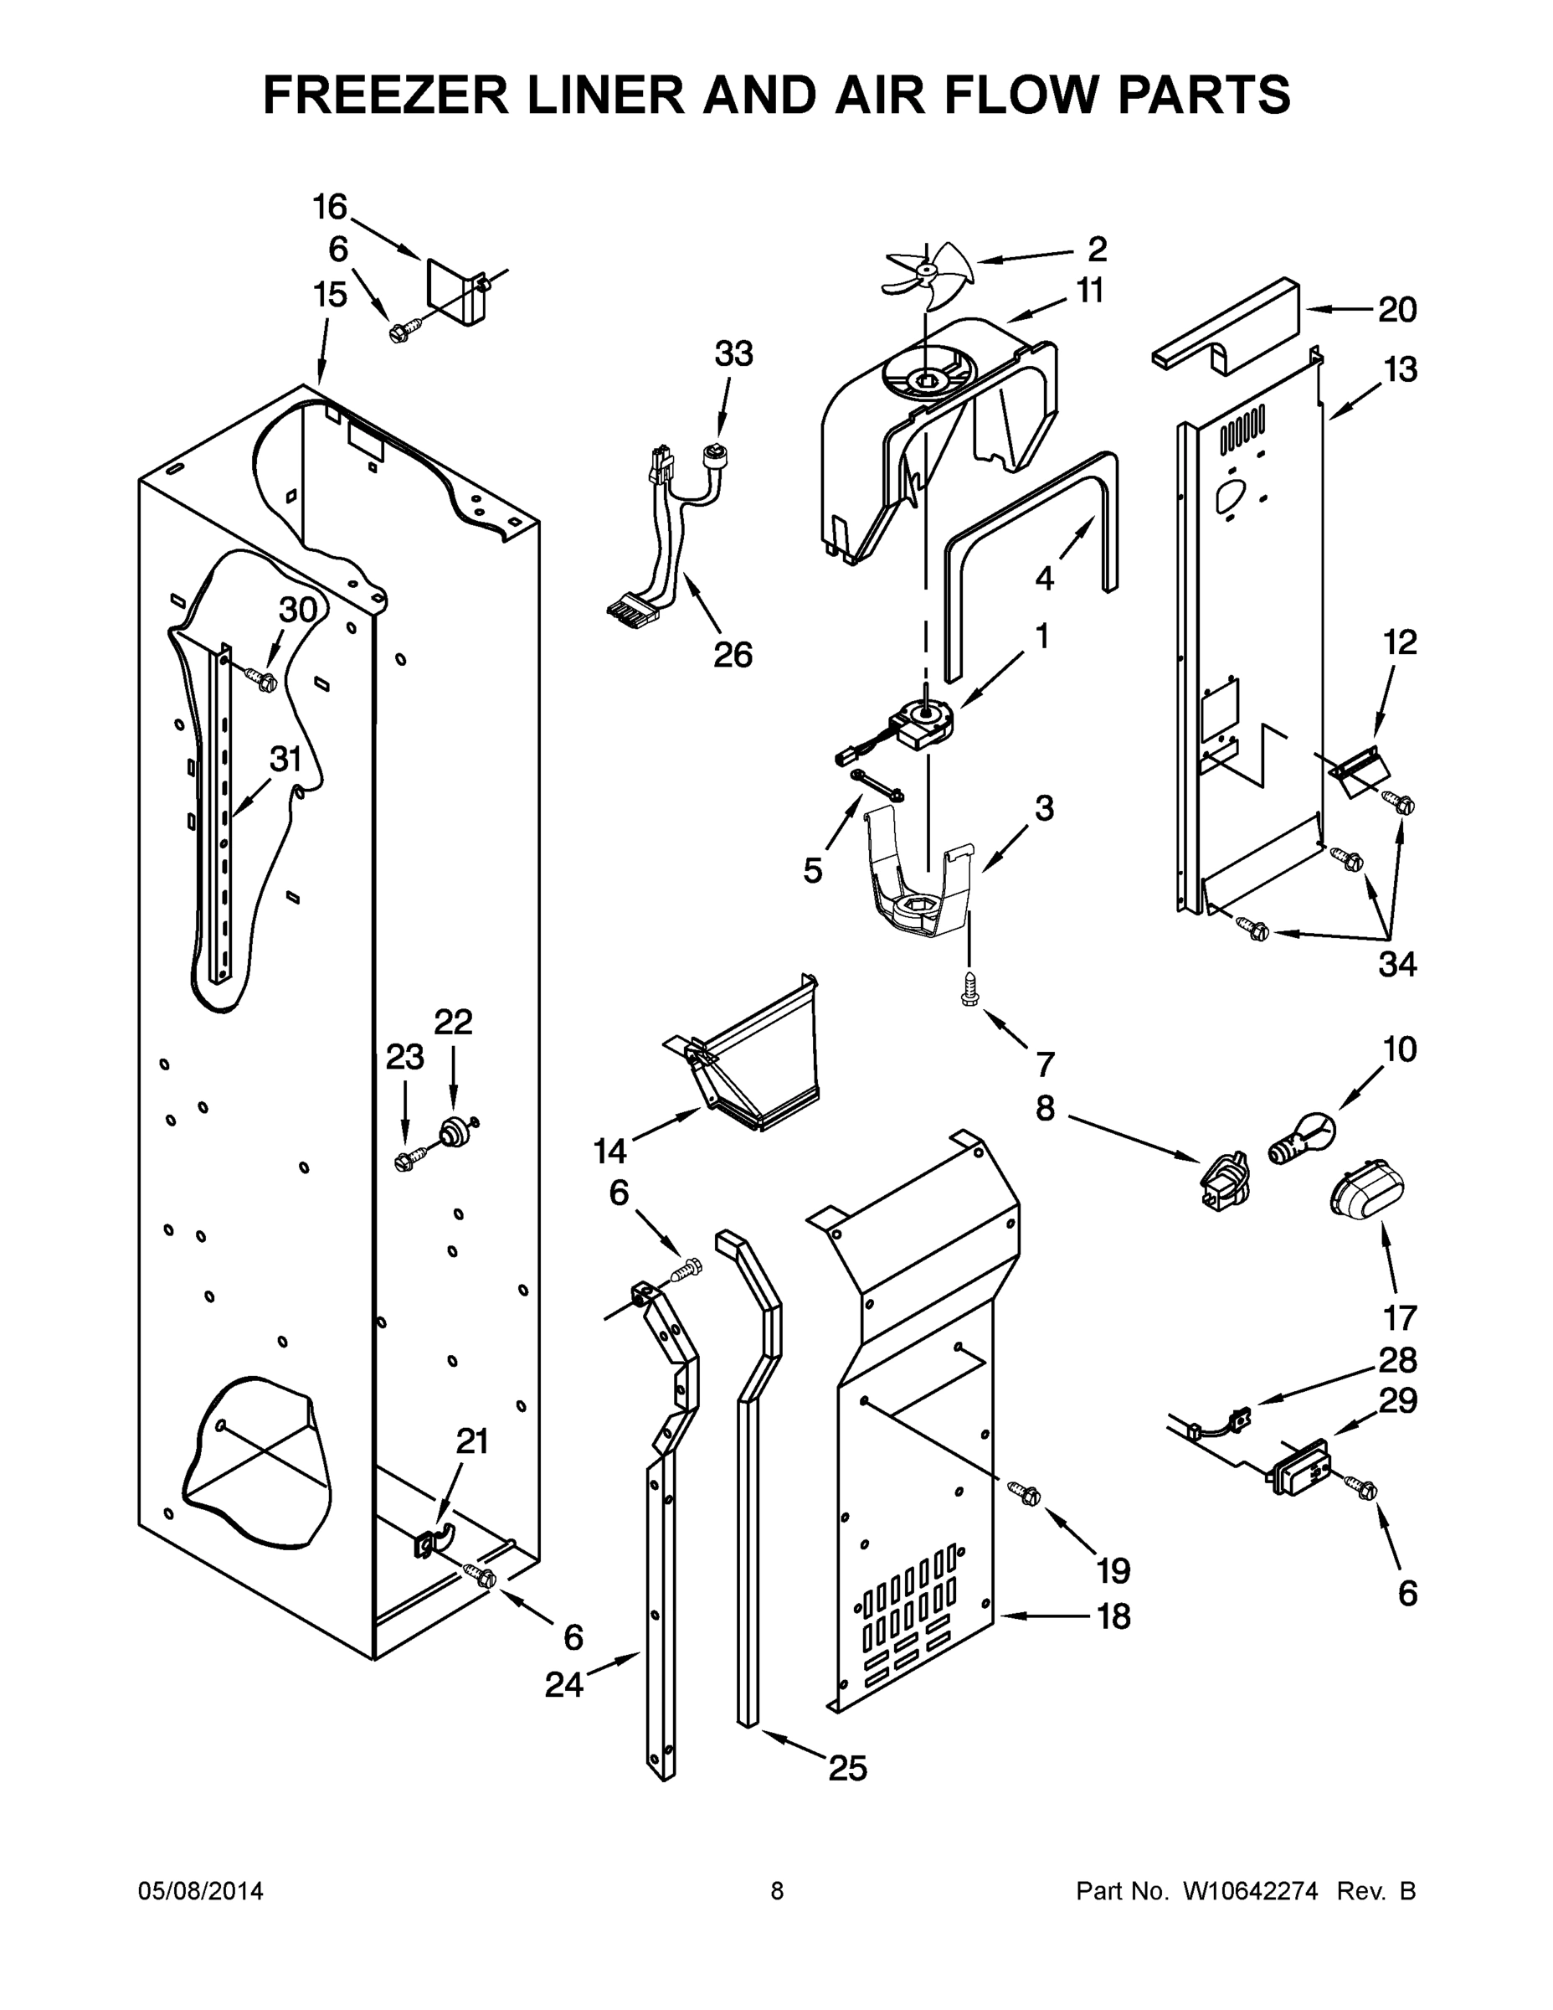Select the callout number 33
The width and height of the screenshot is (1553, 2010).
pyautogui.click(x=733, y=353)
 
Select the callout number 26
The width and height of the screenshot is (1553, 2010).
pyautogui.click(x=733, y=654)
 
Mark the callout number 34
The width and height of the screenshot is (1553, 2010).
pyautogui.click(x=1396, y=964)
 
